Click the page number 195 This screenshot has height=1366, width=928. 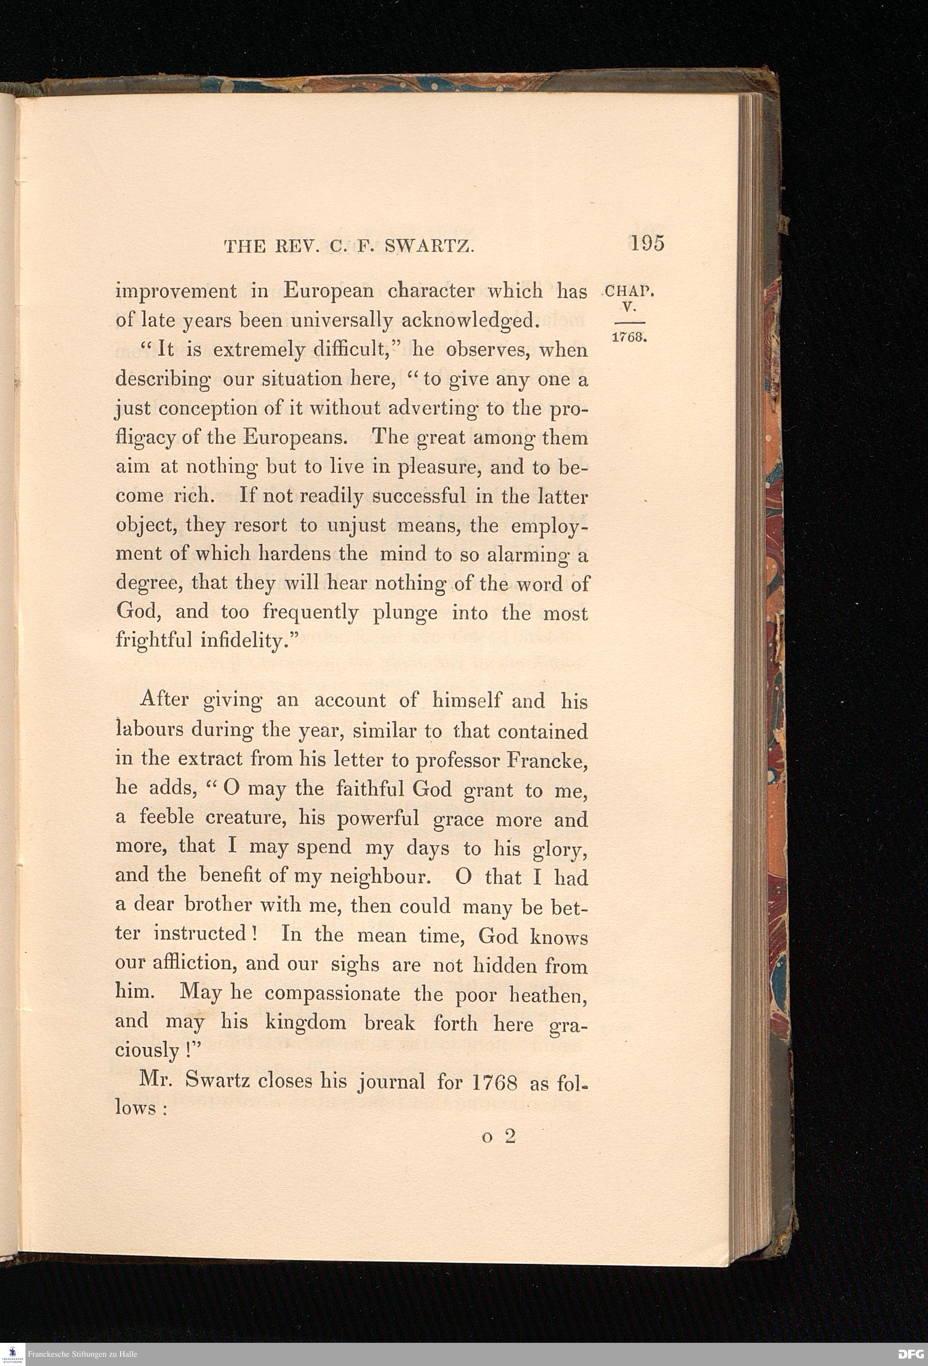(x=647, y=243)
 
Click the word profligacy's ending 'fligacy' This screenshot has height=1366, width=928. (x=145, y=438)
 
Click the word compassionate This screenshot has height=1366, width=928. (x=333, y=993)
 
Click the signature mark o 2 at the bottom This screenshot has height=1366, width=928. (x=498, y=1136)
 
